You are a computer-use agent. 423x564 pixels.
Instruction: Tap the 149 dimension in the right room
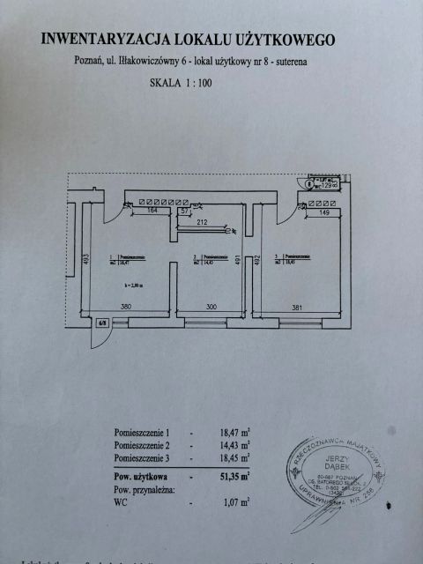click(x=323, y=212)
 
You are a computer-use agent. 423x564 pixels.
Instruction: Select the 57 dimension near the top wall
click(x=184, y=212)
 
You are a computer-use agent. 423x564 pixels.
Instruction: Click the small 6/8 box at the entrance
click(x=102, y=323)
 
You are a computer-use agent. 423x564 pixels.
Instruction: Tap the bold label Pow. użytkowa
click(x=142, y=476)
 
